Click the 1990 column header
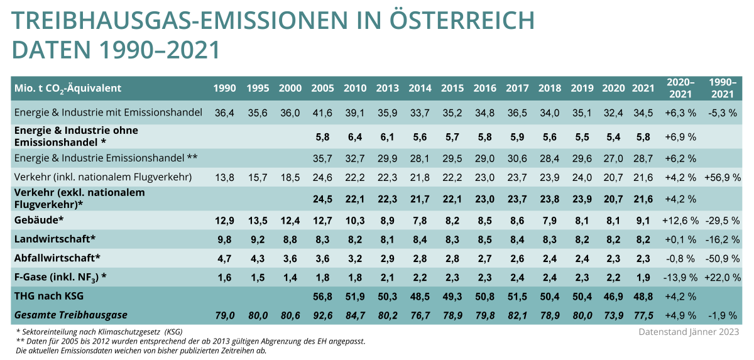click(x=225, y=89)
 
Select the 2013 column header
click(x=387, y=89)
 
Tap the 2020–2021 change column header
click(x=680, y=88)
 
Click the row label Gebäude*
click(x=40, y=221)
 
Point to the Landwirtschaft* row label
click(x=55, y=239)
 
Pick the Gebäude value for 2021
click(x=643, y=221)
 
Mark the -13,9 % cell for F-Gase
click(x=679, y=277)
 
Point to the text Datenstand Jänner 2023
click(x=689, y=331)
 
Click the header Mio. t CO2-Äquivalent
click(x=68, y=89)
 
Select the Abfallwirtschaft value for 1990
click(x=225, y=258)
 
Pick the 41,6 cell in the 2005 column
click(x=322, y=112)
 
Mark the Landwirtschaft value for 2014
click(x=420, y=239)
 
